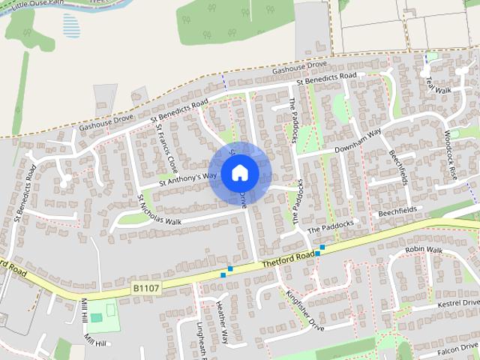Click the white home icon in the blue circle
coord(239,173)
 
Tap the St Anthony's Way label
coord(187,178)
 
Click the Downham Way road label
coord(358,139)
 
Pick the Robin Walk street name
coord(424,250)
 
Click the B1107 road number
coord(146,287)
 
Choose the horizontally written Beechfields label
coord(397,213)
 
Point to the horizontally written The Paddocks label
coord(330,226)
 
